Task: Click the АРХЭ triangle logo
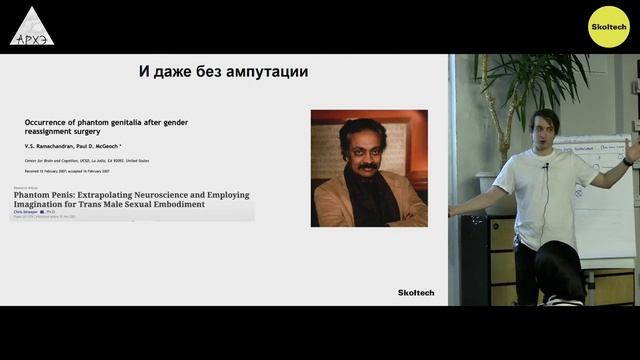[x=31, y=27]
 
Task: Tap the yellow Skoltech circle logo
[x=608, y=26]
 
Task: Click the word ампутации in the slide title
[x=263, y=72]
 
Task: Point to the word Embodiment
[x=179, y=204]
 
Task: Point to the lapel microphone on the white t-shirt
[x=546, y=166]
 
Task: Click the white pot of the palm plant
[x=487, y=181]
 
